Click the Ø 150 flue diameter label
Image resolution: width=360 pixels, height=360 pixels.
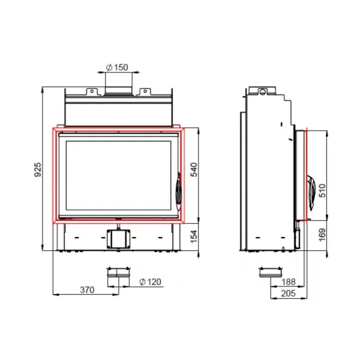pos(117,67)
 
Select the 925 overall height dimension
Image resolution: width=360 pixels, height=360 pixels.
pos(38,169)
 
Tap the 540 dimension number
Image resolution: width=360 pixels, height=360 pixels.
pos(194,169)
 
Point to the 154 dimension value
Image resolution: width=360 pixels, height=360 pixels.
pos(194,236)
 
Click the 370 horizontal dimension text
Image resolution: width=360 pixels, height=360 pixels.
pos(87,290)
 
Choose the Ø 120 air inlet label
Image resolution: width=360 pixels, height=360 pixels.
pos(151,282)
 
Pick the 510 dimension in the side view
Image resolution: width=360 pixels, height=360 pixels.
pos(322,190)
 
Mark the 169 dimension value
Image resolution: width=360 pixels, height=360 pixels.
pos(322,235)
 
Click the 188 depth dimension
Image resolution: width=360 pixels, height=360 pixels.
pos(289,282)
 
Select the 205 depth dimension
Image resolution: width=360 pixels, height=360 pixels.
pos(289,293)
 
